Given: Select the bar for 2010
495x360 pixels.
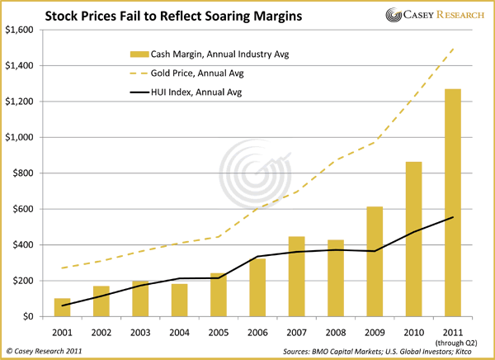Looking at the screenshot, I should tap(415, 239).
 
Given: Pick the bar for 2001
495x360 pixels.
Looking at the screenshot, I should tap(63, 307).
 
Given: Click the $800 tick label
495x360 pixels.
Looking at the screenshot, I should tap(21, 173).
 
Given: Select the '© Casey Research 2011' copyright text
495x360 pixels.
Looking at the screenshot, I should tap(46, 351).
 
